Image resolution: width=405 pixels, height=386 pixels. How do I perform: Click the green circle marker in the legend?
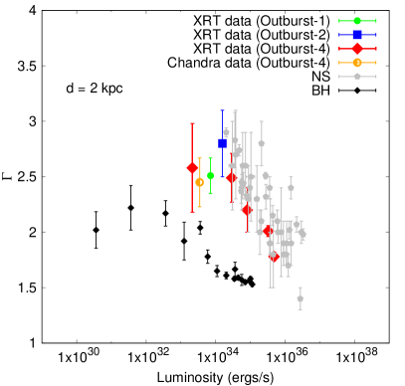pyautogui.click(x=357, y=21)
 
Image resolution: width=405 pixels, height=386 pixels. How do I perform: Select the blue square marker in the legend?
pyautogui.click(x=357, y=35)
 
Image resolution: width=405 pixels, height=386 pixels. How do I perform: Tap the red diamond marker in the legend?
pyautogui.click(x=357, y=49)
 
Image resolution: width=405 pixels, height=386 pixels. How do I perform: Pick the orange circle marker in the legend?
pyautogui.click(x=357, y=63)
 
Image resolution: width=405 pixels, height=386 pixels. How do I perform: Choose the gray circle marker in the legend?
pyautogui.click(x=357, y=77)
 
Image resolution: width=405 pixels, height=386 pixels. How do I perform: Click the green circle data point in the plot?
pyautogui.click(x=210, y=176)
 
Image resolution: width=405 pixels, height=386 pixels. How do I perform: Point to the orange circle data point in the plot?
pyautogui.click(x=200, y=182)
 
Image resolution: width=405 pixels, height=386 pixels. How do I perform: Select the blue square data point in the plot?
pyautogui.click(x=222, y=143)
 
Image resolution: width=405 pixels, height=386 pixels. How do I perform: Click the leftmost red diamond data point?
pyautogui.click(x=192, y=167)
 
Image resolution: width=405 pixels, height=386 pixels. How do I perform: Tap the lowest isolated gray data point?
pyautogui.click(x=300, y=298)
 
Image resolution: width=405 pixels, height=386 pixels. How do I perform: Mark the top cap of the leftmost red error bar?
pyautogui.click(x=192, y=123)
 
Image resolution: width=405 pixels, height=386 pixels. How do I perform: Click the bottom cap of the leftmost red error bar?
pyautogui.click(x=192, y=211)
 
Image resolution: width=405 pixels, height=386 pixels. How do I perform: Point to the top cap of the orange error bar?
pyautogui.click(x=200, y=158)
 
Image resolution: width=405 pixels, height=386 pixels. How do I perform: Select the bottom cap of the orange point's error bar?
pyautogui.click(x=200, y=207)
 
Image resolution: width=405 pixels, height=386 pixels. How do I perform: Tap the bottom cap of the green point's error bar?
pyautogui.click(x=210, y=194)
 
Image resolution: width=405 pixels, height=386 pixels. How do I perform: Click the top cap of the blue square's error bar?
pyautogui.click(x=222, y=110)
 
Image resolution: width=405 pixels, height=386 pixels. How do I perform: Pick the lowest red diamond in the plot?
pyautogui.click(x=274, y=257)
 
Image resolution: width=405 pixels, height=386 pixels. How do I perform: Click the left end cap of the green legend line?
pyautogui.click(x=339, y=21)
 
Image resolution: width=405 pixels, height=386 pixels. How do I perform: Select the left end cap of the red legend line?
pyautogui.click(x=339, y=49)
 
